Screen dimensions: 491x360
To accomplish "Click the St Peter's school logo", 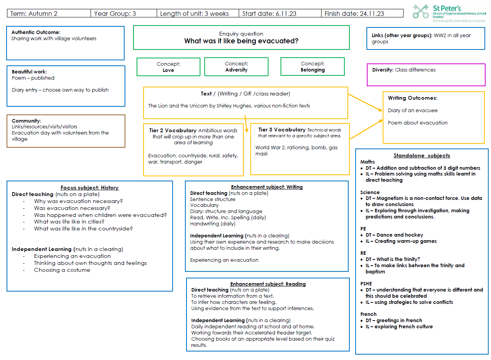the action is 449,14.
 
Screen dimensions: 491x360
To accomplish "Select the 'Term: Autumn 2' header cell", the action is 49,14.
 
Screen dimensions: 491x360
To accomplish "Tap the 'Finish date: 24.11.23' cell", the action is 362,14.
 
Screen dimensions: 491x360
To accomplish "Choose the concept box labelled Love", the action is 168,67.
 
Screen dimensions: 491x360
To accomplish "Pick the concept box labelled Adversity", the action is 236,67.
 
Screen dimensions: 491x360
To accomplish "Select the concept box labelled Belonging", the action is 313,67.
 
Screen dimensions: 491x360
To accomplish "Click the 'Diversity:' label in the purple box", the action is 383,70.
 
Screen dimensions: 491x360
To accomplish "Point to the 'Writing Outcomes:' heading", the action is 412,98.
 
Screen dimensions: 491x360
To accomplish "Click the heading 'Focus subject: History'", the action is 90,188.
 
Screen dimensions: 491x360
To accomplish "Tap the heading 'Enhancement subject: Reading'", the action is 268,284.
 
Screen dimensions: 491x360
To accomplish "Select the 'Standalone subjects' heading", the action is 422,155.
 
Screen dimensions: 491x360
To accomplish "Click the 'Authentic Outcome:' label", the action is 36,32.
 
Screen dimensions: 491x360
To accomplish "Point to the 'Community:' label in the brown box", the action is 26,121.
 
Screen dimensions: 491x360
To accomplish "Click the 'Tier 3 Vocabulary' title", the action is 282,130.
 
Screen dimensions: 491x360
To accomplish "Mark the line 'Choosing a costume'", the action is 62,270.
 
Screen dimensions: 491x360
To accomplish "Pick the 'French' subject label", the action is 368,314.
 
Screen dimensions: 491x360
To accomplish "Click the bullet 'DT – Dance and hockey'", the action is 394,235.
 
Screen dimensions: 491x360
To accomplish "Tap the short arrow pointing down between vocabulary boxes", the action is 246,124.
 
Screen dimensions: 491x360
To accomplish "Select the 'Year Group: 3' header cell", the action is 124,14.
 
